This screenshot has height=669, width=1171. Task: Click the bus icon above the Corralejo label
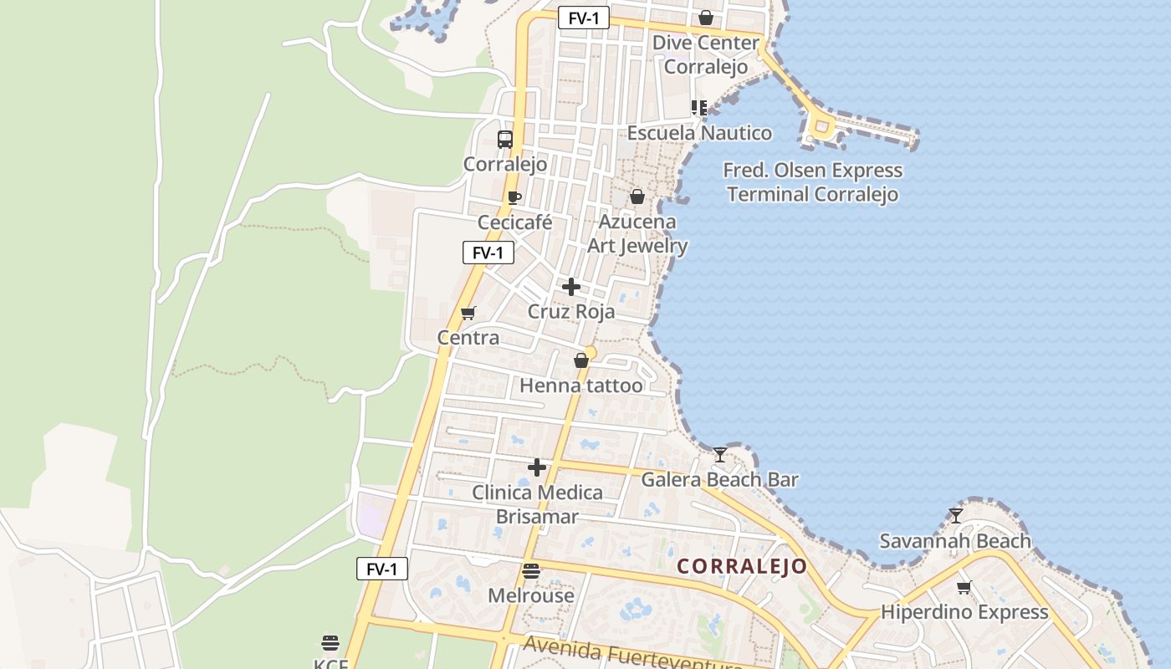click(x=505, y=140)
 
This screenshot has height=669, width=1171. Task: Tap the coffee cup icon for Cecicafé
click(x=514, y=198)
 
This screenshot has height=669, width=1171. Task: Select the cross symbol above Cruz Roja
click(x=571, y=287)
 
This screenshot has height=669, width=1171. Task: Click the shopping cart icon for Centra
click(x=468, y=314)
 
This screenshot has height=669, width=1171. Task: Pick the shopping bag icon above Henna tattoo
click(x=581, y=361)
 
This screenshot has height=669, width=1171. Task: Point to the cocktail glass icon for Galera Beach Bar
click(x=719, y=455)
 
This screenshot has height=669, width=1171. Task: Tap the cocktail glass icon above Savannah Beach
click(x=956, y=516)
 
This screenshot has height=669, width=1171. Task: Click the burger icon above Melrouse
click(x=531, y=572)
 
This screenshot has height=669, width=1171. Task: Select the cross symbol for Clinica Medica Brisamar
click(x=537, y=467)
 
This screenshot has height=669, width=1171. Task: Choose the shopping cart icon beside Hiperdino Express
click(x=964, y=588)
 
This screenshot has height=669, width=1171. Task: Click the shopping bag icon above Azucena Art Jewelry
click(x=637, y=197)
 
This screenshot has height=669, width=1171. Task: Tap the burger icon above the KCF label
click(x=330, y=643)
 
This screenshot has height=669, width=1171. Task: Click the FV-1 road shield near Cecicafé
click(x=488, y=253)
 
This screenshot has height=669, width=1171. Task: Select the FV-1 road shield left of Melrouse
click(x=382, y=569)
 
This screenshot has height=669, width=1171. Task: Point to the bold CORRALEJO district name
click(x=742, y=566)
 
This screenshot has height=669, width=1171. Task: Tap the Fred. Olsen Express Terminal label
click(x=812, y=182)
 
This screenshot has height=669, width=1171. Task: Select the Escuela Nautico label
click(x=699, y=133)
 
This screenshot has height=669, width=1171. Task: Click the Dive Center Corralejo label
click(x=706, y=54)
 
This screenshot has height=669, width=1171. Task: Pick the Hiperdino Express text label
click(x=964, y=612)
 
